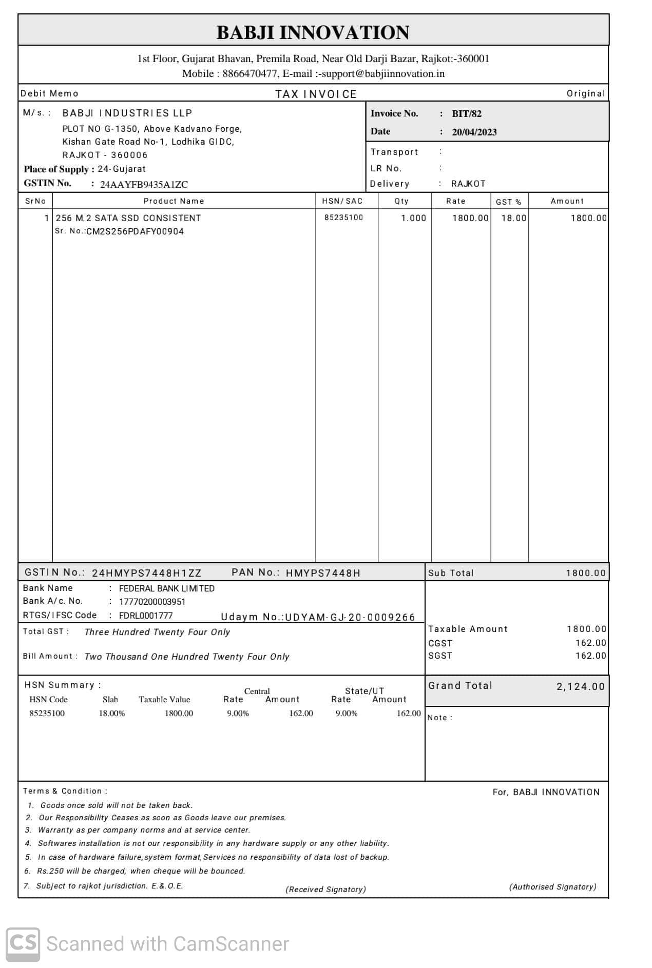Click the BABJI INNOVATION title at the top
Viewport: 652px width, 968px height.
click(x=313, y=32)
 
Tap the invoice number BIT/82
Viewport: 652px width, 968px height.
click(x=466, y=114)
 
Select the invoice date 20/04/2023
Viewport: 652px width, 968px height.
click(x=474, y=132)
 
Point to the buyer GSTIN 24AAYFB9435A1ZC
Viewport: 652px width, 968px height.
click(x=144, y=185)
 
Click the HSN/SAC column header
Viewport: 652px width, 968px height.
click(x=342, y=201)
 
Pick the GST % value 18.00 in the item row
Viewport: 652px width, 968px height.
click(x=513, y=218)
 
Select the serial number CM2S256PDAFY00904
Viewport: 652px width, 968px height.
click(x=135, y=231)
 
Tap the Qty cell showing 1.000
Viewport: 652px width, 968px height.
click(x=413, y=218)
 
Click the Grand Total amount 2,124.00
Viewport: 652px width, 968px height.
click(x=580, y=686)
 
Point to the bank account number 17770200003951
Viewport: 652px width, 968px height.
click(x=152, y=602)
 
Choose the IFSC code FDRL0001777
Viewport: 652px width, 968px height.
click(x=146, y=616)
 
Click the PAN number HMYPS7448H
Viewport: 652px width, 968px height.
click(x=323, y=573)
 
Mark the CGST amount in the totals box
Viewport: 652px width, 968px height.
click(x=590, y=643)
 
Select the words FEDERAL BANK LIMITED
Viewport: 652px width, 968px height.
click(x=167, y=588)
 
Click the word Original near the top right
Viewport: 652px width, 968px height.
click(x=586, y=93)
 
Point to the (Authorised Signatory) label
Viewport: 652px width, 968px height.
click(x=552, y=887)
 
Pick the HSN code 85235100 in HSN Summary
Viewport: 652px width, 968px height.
click(x=47, y=714)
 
